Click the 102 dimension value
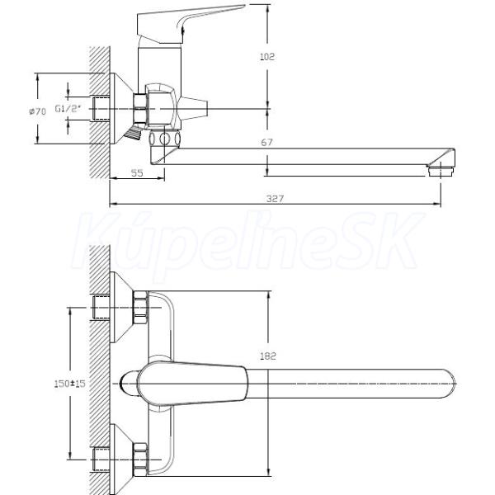(267, 57)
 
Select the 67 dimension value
(266, 143)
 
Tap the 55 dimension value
(137, 172)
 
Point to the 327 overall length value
(275, 199)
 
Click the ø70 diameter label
(38, 111)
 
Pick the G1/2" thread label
(68, 109)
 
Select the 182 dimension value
(268, 356)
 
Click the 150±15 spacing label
(70, 384)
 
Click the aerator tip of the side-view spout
(441, 171)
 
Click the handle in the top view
(191, 384)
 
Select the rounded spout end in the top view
(448, 384)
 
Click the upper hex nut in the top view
(140, 308)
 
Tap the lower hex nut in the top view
(140, 460)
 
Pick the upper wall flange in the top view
(121, 307)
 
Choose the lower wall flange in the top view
(121, 460)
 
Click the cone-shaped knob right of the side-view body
(192, 109)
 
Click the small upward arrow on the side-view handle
(184, 28)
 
